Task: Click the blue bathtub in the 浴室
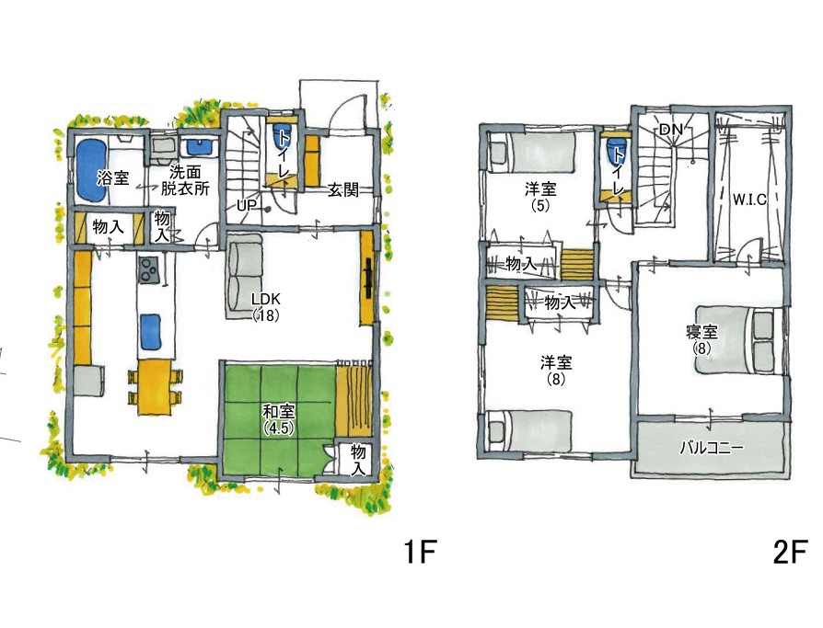[93, 169]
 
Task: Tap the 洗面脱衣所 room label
[185, 181]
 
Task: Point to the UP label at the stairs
[246, 205]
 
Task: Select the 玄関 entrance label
[343, 189]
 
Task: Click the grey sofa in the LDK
[244, 276]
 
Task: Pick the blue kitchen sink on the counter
[151, 331]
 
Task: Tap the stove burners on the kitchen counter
[148, 269]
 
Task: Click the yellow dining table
[156, 387]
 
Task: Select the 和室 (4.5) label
[279, 419]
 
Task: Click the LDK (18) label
[265, 307]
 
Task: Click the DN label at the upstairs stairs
[670, 129]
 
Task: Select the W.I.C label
[749, 200]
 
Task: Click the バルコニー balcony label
[712, 448]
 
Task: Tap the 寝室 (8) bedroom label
[701, 339]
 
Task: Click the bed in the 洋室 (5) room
[530, 152]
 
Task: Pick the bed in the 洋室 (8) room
[528, 429]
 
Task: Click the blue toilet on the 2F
[614, 152]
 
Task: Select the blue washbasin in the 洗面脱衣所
[200, 146]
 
